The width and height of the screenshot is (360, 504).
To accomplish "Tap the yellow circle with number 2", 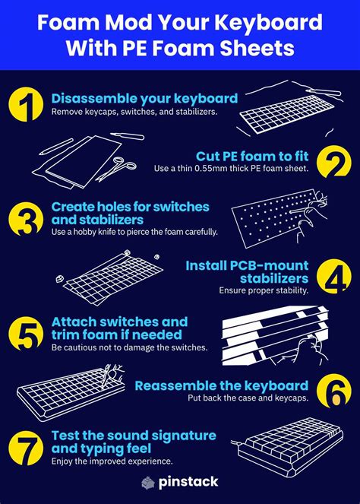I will pos(334,162).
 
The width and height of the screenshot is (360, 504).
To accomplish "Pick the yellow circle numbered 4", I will pos(334,277).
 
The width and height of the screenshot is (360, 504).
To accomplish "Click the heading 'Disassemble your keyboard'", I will pos(144,98).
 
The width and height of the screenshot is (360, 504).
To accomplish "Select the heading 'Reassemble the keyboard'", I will pos(221,385).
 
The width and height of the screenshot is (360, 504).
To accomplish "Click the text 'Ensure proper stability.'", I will pos(264,290).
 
